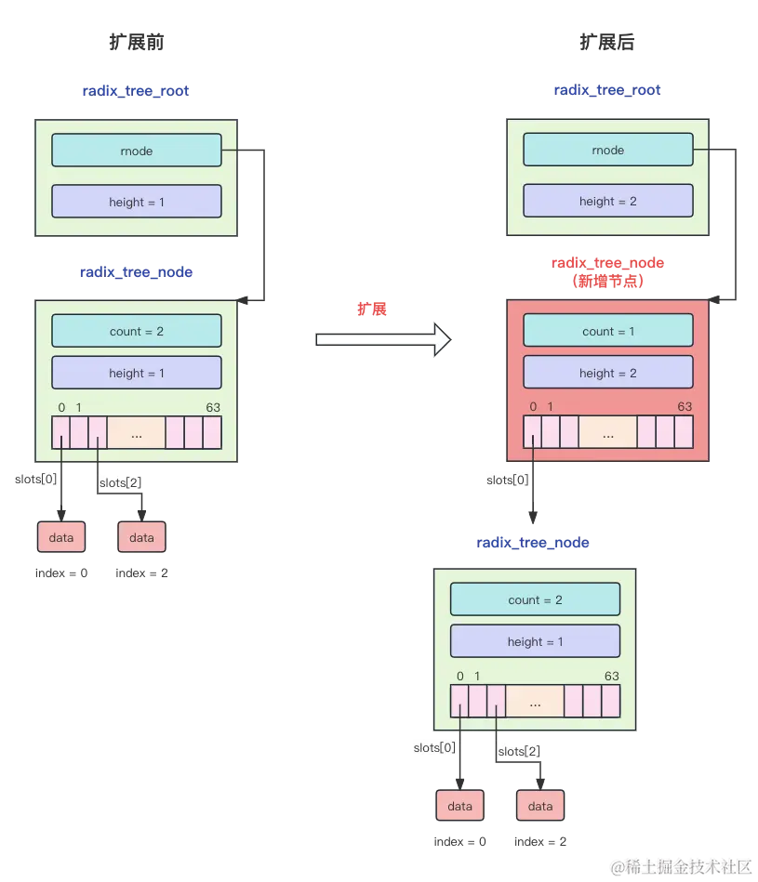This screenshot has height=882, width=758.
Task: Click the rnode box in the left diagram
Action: pyautogui.click(x=137, y=151)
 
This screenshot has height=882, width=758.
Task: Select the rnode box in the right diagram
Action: pyautogui.click(x=608, y=150)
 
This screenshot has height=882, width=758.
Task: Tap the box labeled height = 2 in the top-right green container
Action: pyautogui.click(x=608, y=201)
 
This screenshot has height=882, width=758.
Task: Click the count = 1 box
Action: pyautogui.click(x=608, y=331)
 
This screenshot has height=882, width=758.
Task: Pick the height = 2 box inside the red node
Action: pyautogui.click(x=608, y=373)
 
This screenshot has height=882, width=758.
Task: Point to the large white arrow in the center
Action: pyautogui.click(x=382, y=339)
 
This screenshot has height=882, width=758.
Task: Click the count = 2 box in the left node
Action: pyautogui.click(x=137, y=331)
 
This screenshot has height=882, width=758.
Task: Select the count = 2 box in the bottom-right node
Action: pyautogui.click(x=535, y=599)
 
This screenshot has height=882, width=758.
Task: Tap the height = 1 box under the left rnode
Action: pyautogui.click(x=137, y=202)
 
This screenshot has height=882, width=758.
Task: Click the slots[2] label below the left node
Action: pyautogui.click(x=118, y=482)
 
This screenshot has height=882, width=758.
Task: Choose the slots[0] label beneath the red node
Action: pyautogui.click(x=508, y=480)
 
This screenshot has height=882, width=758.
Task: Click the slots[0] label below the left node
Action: pyautogui.click(x=35, y=480)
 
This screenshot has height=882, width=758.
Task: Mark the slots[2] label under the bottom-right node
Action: pyautogui.click(x=519, y=751)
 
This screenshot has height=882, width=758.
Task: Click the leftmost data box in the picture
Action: pyautogui.click(x=61, y=537)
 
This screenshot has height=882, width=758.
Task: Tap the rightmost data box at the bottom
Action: pyautogui.click(x=540, y=806)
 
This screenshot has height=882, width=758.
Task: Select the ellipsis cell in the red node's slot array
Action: pyautogui.click(x=607, y=433)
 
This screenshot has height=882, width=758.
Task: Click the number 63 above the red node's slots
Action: pyautogui.click(x=685, y=406)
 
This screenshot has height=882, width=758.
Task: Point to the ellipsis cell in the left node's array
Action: pyautogui.click(x=136, y=433)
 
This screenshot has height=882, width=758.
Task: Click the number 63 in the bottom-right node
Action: pyautogui.click(x=611, y=676)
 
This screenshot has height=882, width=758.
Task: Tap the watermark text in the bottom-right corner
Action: pyautogui.click(x=679, y=866)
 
